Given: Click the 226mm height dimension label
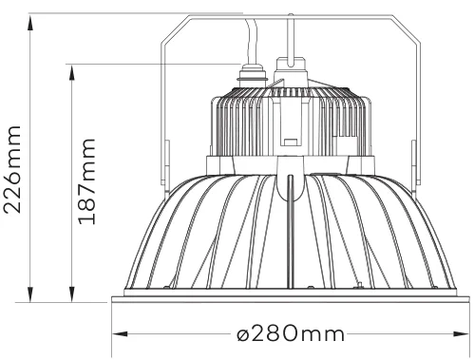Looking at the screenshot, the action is click(12, 169).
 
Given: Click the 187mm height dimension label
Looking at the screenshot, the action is click(86, 181).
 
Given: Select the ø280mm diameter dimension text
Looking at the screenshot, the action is click(291, 333).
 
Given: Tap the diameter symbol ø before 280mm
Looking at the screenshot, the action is click(244, 334).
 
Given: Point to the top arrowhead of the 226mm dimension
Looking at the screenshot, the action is click(30, 23).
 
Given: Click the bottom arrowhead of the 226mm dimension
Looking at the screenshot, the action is click(30, 294).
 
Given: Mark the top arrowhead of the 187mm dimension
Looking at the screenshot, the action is click(72, 72).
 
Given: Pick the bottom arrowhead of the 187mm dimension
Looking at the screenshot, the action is click(72, 294).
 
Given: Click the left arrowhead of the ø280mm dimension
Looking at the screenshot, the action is click(121, 333).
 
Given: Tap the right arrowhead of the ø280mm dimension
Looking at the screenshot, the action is click(461, 333).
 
